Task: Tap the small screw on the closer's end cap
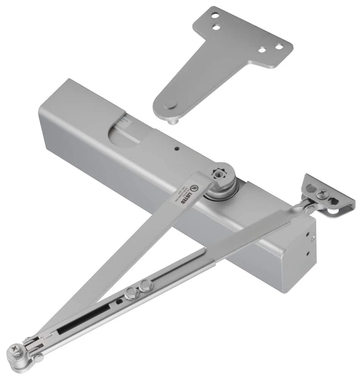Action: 312,238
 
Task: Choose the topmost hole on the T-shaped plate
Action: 215,16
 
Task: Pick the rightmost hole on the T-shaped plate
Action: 279,47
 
